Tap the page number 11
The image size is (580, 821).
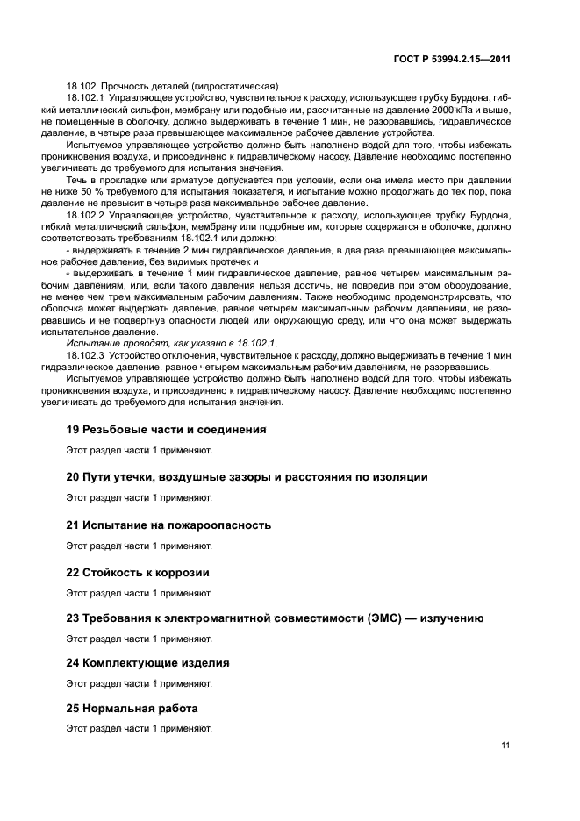(x=505, y=746)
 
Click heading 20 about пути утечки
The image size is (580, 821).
(x=247, y=477)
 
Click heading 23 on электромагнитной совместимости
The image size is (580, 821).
(x=275, y=618)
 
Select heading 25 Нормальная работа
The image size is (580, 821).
(x=132, y=708)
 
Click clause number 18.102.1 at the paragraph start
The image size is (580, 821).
(x=85, y=98)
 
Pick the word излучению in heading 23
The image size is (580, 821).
(x=452, y=618)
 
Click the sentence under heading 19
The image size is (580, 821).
(x=139, y=451)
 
